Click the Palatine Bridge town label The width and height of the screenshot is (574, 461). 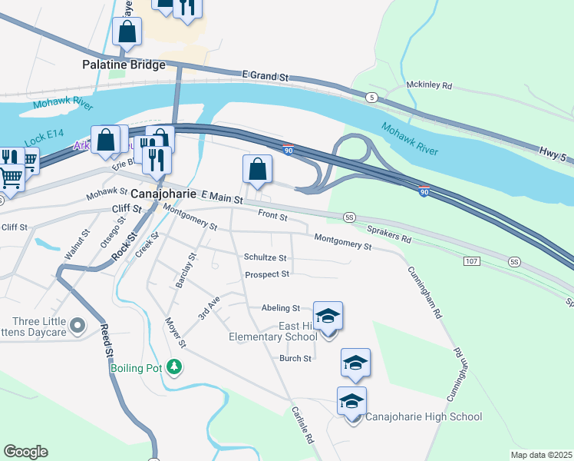(x=124, y=65)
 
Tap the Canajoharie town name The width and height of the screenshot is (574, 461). (x=164, y=195)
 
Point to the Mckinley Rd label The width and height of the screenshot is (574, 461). (x=429, y=86)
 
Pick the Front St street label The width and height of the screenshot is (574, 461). (x=272, y=217)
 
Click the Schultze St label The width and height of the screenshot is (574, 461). (x=265, y=257)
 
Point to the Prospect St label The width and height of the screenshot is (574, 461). (x=266, y=274)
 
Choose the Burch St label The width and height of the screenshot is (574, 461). (x=295, y=358)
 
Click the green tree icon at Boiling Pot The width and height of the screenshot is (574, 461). (x=176, y=367)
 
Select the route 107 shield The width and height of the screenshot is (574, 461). (x=472, y=262)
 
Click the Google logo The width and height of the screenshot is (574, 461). (x=25, y=452)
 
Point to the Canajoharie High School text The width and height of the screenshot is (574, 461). (x=423, y=417)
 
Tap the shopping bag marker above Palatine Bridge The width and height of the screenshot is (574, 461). (x=127, y=32)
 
